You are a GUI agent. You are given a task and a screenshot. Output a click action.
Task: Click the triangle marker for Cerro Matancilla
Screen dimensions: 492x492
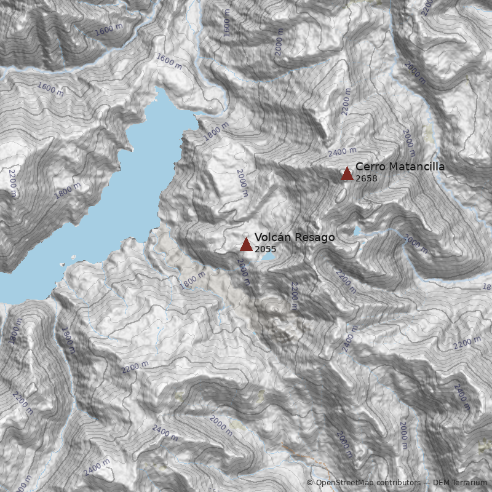click(x=347, y=174)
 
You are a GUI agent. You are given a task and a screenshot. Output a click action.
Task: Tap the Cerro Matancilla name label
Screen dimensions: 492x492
click(x=400, y=167)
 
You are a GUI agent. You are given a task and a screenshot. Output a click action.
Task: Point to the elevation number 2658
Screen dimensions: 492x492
click(x=367, y=178)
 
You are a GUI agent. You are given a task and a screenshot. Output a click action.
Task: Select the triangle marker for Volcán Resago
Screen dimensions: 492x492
click(x=246, y=245)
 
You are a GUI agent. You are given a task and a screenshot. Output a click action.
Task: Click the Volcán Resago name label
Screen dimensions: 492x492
click(x=295, y=237)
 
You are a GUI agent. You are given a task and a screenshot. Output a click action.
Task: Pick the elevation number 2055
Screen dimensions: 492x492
click(x=266, y=249)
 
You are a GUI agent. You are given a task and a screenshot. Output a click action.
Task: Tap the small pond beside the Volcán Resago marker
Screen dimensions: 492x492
click(x=268, y=258)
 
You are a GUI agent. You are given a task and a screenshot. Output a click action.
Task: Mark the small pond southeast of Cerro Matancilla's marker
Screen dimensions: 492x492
click(x=357, y=231)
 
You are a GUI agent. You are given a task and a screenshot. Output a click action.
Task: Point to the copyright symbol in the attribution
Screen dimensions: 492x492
click(x=310, y=483)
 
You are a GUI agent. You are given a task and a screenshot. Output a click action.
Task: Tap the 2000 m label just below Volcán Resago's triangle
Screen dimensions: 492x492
click(x=244, y=271)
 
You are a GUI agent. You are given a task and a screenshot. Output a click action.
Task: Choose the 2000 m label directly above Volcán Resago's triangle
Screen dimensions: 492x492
click(x=242, y=183)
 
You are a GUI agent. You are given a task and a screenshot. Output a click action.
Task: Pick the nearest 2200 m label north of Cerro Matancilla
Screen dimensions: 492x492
click(x=346, y=102)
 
